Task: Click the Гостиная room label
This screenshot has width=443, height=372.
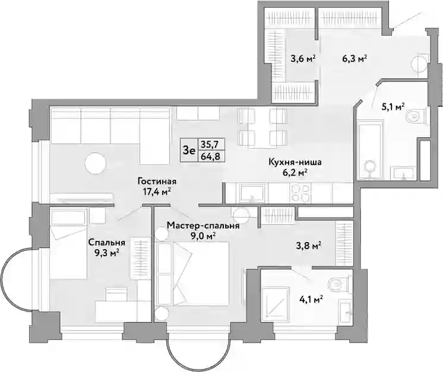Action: pos(157,181)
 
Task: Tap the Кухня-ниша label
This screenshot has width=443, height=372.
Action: pos(295,163)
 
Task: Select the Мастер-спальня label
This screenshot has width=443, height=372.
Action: pos(203,225)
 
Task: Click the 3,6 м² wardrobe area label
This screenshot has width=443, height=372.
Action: pos(303,59)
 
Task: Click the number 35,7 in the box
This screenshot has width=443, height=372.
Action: pos(210,145)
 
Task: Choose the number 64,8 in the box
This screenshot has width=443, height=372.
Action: pos(210,156)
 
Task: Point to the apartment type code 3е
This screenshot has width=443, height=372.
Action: pos(189,150)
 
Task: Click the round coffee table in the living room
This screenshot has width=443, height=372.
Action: pos(96,163)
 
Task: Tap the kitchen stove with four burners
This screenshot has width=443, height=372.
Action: pos(300,193)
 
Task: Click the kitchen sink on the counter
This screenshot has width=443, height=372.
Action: pos(252,193)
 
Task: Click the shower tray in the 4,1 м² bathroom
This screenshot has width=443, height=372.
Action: pos(275,304)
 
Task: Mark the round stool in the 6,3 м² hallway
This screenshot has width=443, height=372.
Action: pos(419,64)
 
